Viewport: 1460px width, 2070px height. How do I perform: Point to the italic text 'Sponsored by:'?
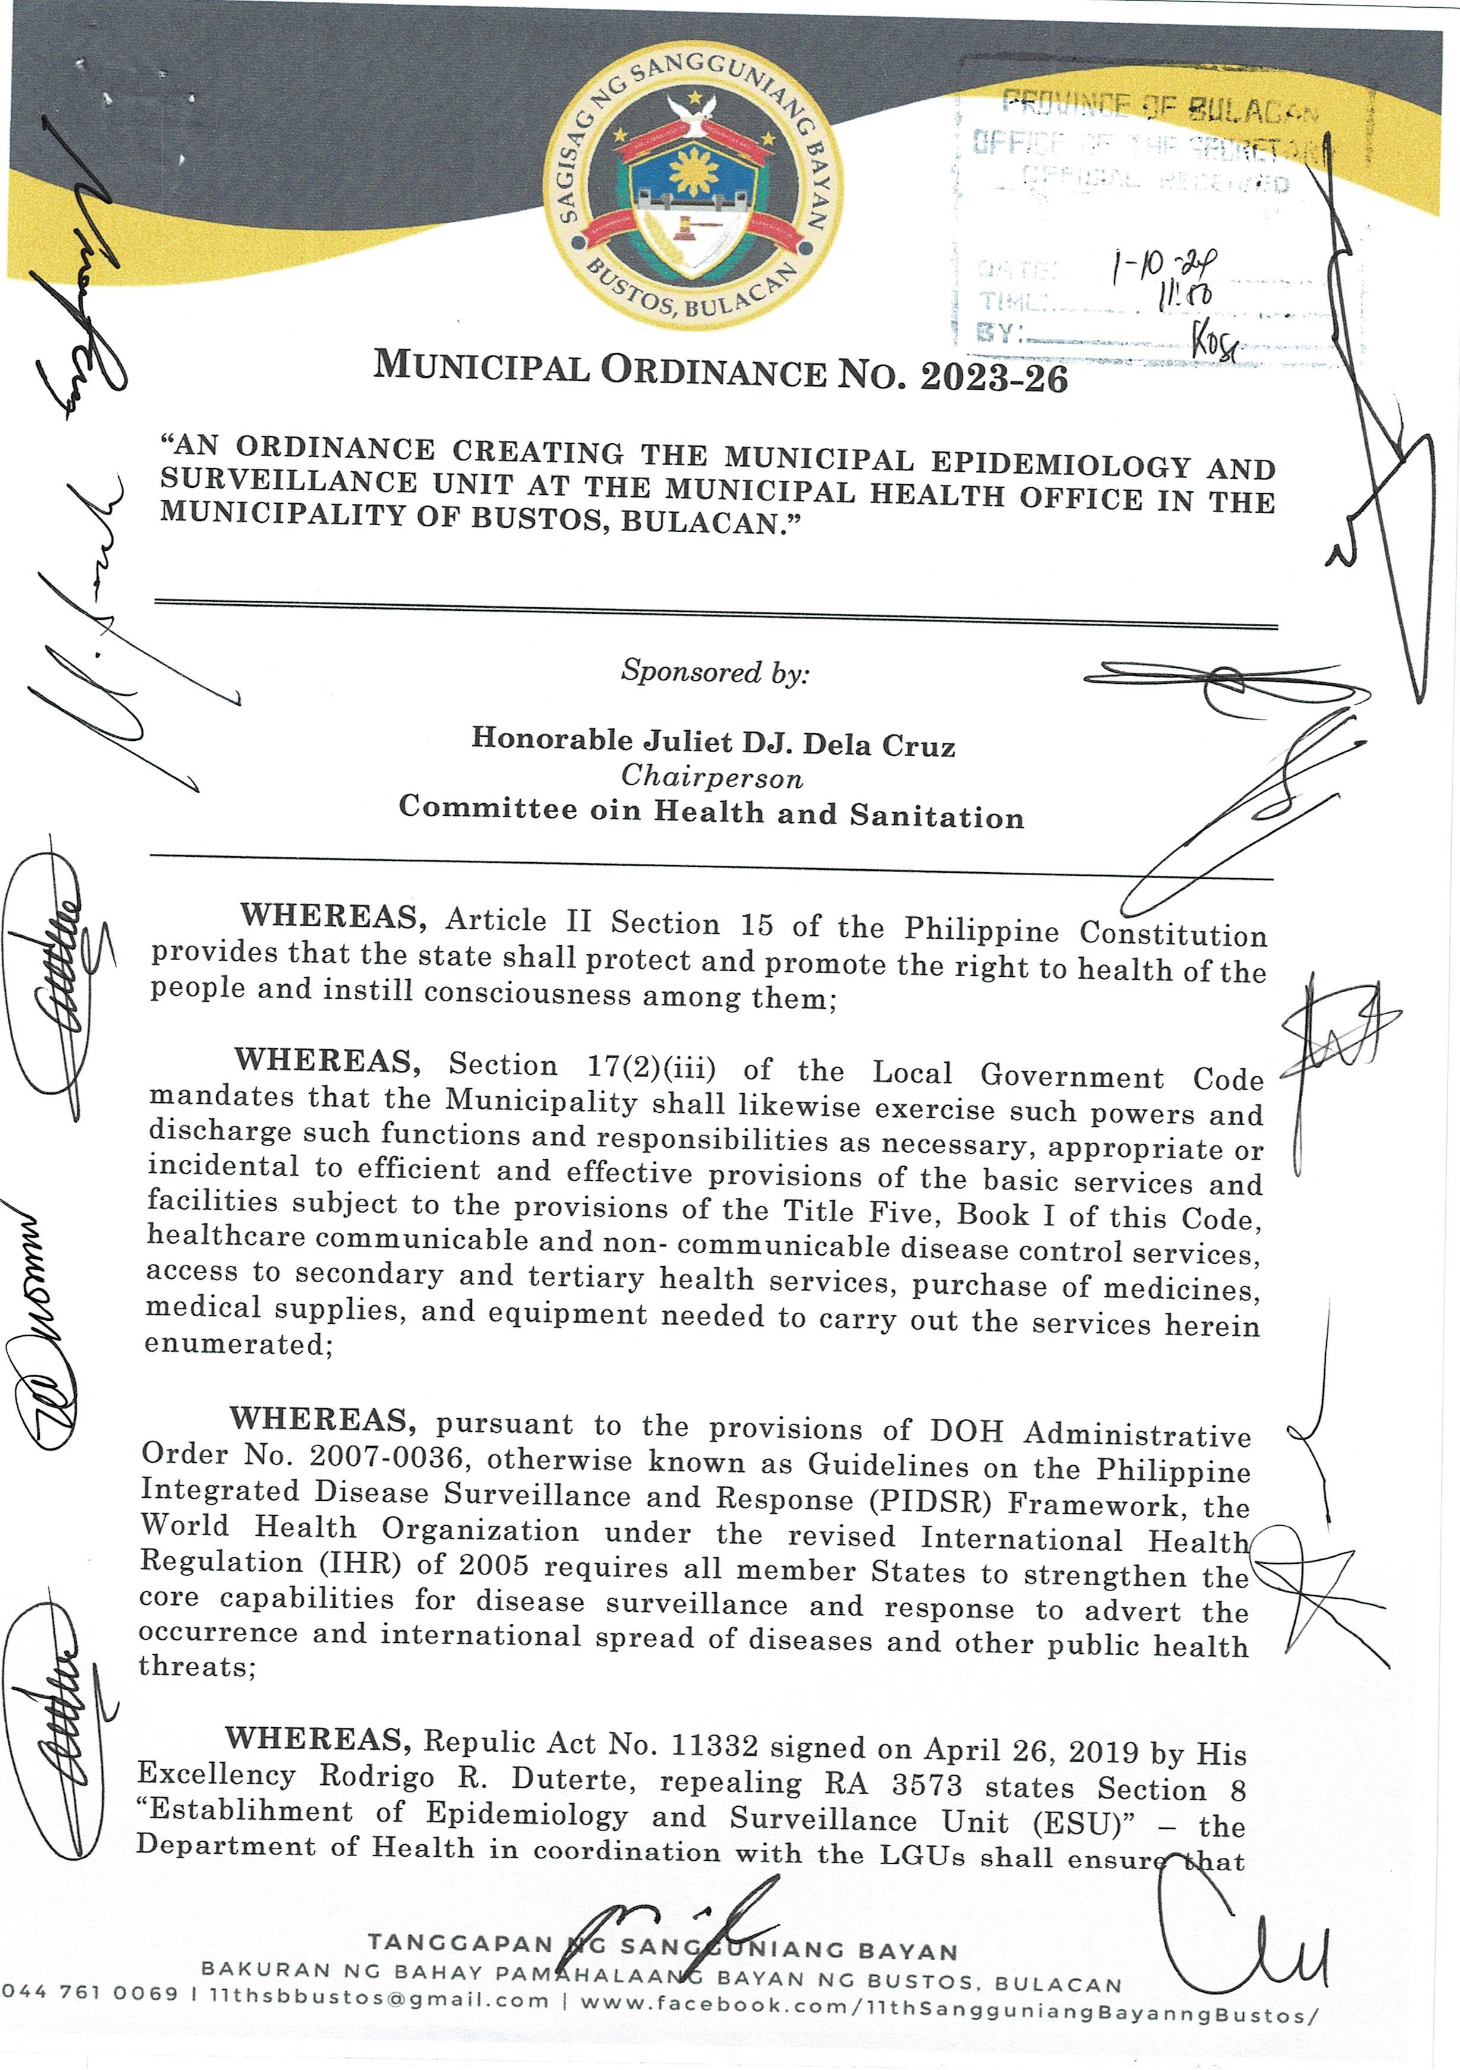click(x=714, y=671)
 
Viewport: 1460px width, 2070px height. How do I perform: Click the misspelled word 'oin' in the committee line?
click(x=617, y=810)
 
